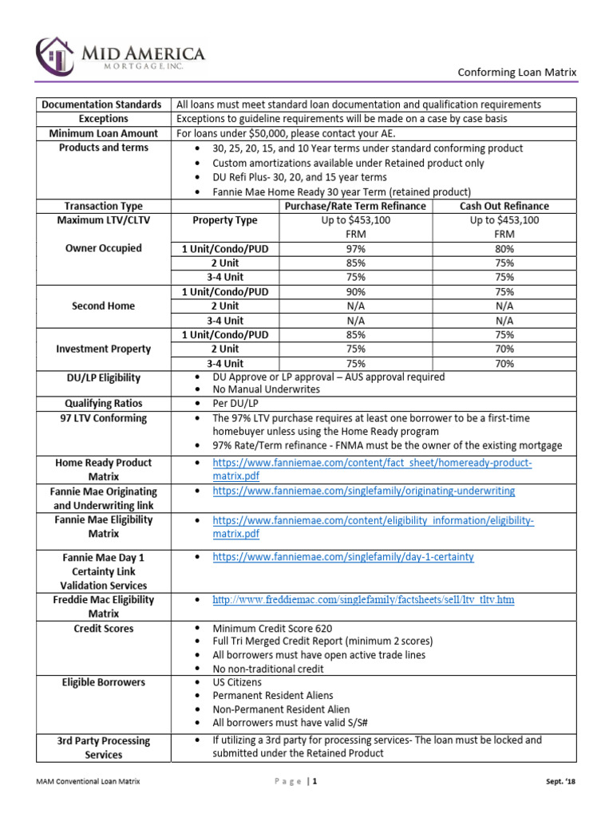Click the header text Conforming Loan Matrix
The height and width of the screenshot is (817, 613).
click(x=516, y=73)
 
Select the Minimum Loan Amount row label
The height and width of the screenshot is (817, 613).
click(x=101, y=133)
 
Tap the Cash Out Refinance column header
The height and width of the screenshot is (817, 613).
click(x=504, y=206)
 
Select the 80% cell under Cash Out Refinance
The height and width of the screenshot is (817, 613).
click(x=504, y=249)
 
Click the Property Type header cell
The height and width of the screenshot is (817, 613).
click(x=225, y=220)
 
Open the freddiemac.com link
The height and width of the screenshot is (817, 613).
click(x=363, y=599)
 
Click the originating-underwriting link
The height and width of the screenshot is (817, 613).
click(x=363, y=491)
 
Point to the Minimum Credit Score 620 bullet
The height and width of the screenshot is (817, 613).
click(x=271, y=628)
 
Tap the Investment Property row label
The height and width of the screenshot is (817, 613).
click(x=101, y=349)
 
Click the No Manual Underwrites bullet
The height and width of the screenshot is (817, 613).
click(x=266, y=389)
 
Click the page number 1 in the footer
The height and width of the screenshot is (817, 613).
click(x=316, y=782)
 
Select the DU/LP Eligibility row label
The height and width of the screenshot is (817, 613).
click(x=101, y=377)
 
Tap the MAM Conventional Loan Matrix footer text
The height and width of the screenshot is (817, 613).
click(x=88, y=782)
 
